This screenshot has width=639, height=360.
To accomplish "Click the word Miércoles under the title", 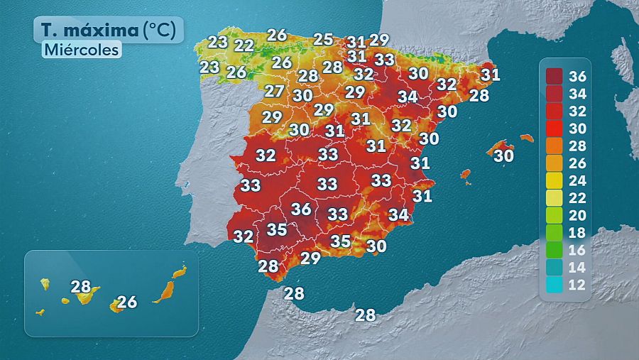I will [x=80, y=50].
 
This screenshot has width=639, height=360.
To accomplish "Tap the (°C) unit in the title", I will [x=163, y=30].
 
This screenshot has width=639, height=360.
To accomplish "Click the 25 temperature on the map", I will [x=324, y=39].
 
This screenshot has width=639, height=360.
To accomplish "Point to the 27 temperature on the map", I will [x=275, y=91].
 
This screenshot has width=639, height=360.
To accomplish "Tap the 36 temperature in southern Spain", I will [x=301, y=209].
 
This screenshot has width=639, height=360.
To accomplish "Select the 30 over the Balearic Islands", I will [x=503, y=155].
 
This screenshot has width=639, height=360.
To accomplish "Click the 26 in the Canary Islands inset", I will [x=126, y=302].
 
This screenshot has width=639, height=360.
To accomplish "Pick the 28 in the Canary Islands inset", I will [x=81, y=287].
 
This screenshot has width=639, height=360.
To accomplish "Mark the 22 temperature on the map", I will [x=244, y=45].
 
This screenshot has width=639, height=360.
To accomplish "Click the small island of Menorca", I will [x=526, y=138].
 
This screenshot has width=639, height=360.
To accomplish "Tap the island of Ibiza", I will [x=466, y=173].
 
